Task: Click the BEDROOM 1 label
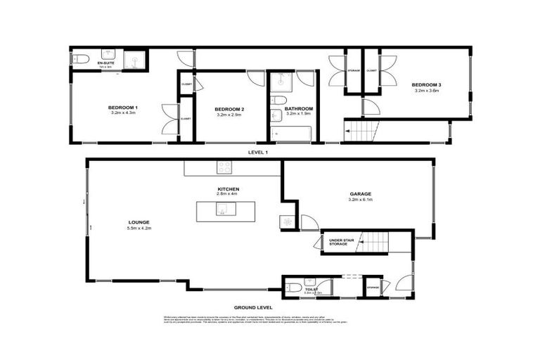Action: [x=122, y=107]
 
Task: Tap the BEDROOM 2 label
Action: [x=229, y=109]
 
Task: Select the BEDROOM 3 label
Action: [x=427, y=85]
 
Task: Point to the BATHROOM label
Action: [x=299, y=108]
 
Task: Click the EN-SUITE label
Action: [x=86, y=63]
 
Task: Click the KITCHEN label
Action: [x=229, y=190]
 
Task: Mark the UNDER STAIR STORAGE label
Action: [x=342, y=243]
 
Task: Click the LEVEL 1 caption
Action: [x=258, y=152]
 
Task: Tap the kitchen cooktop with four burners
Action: [x=225, y=167]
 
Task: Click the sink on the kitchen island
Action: [x=221, y=209]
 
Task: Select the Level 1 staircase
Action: [x=361, y=130]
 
